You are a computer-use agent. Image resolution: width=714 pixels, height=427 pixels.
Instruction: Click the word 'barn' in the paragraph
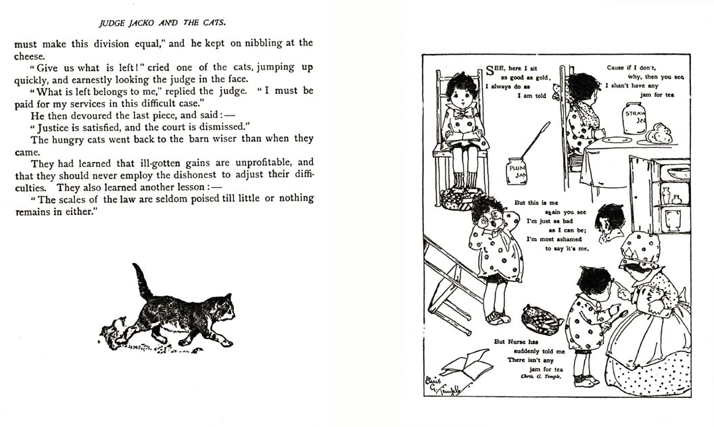pyautogui.click(x=206, y=139)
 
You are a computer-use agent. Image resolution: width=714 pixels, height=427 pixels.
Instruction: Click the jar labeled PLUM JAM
pyautogui.click(x=517, y=171)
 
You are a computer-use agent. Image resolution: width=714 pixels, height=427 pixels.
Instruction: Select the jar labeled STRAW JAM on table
pyautogui.click(x=634, y=118)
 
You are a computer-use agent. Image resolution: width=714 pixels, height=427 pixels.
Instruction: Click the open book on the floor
pyautogui.click(x=467, y=365)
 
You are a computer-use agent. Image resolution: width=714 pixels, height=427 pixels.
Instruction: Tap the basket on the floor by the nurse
pyautogui.click(x=542, y=320)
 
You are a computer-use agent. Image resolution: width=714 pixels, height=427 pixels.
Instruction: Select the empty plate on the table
pyautogui.click(x=617, y=140)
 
